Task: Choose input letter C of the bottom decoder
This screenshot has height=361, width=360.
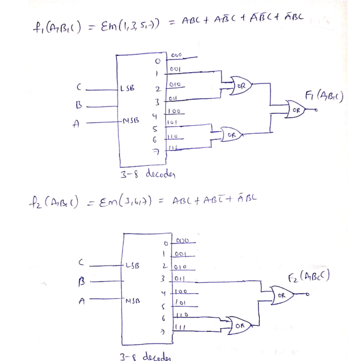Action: click(x=81, y=262)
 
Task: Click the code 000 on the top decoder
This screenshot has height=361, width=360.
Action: click(x=176, y=56)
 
